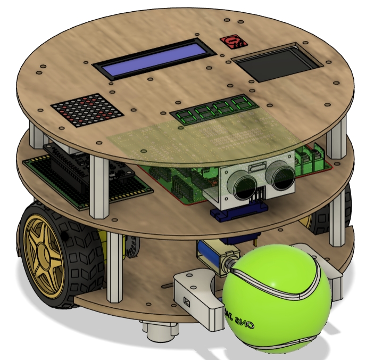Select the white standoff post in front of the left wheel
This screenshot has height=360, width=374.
click(114, 266)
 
